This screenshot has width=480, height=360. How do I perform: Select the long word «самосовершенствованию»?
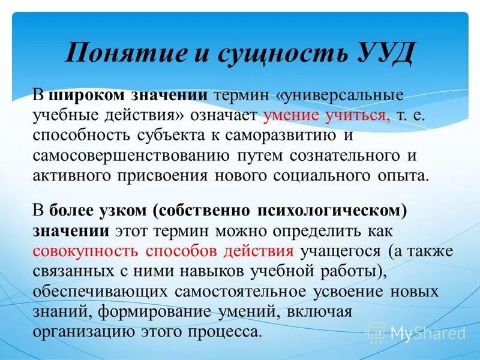point(130,155)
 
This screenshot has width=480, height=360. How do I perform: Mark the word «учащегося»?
point(341,251)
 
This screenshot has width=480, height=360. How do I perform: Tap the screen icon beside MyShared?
point(376,332)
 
